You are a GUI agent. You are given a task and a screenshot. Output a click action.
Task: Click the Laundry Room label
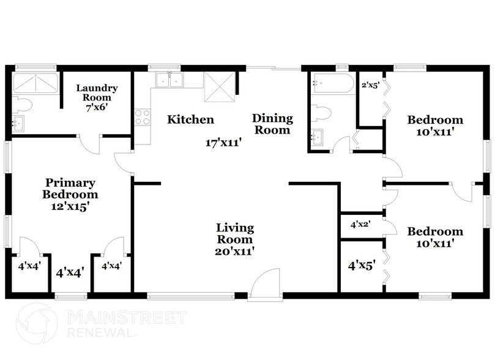pos(97,92)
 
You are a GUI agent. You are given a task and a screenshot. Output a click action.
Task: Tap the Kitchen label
pos(190,119)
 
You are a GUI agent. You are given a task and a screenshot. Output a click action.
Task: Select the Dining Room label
pos(272,124)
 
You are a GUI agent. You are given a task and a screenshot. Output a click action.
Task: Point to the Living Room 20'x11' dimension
pos(235,252)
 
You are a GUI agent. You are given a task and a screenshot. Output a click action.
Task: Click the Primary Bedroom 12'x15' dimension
pos(70,206)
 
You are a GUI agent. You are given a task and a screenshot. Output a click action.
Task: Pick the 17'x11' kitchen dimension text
pos(223,143)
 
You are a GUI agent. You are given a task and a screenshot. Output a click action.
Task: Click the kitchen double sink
pos(169,80)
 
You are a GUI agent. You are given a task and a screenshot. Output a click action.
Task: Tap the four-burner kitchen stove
pos(143,117)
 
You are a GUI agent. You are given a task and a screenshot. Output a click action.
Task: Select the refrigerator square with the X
pos(220,87)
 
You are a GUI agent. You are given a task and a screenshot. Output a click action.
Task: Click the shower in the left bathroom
pos(35,83)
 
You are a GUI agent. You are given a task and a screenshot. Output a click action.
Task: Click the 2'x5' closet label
pos(370,85)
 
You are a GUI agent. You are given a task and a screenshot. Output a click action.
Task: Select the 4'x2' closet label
pos(360,225)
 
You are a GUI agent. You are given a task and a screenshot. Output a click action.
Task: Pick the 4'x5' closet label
pos(362,266)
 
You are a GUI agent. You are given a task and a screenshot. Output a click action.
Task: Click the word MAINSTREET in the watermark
pos(127,317)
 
